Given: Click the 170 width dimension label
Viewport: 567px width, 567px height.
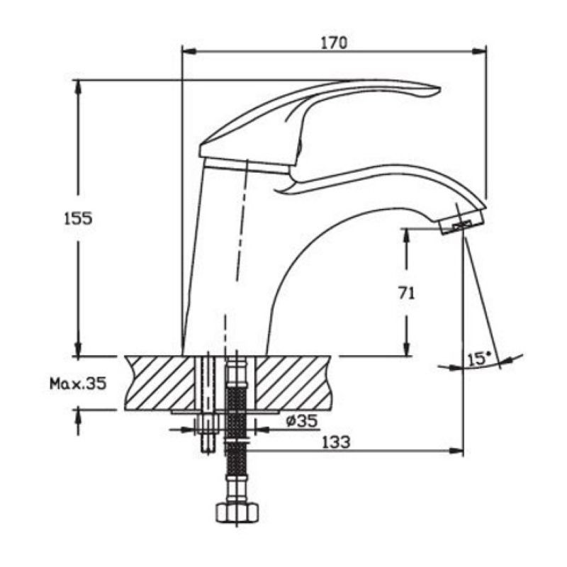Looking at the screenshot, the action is coord(334,43).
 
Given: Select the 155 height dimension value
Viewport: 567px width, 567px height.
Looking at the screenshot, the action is coord(78,218).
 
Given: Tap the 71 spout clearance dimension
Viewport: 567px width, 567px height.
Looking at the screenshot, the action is coord(406,293).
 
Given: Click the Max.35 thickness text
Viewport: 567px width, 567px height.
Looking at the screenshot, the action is coord(78,383).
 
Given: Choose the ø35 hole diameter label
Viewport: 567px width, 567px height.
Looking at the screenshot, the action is coord(302,420).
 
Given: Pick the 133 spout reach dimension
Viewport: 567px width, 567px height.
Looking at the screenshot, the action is coord(336,442).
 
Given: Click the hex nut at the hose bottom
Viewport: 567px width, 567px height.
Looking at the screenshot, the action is coord(237,512).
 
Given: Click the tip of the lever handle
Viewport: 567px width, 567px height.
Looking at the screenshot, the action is coord(439,89).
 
